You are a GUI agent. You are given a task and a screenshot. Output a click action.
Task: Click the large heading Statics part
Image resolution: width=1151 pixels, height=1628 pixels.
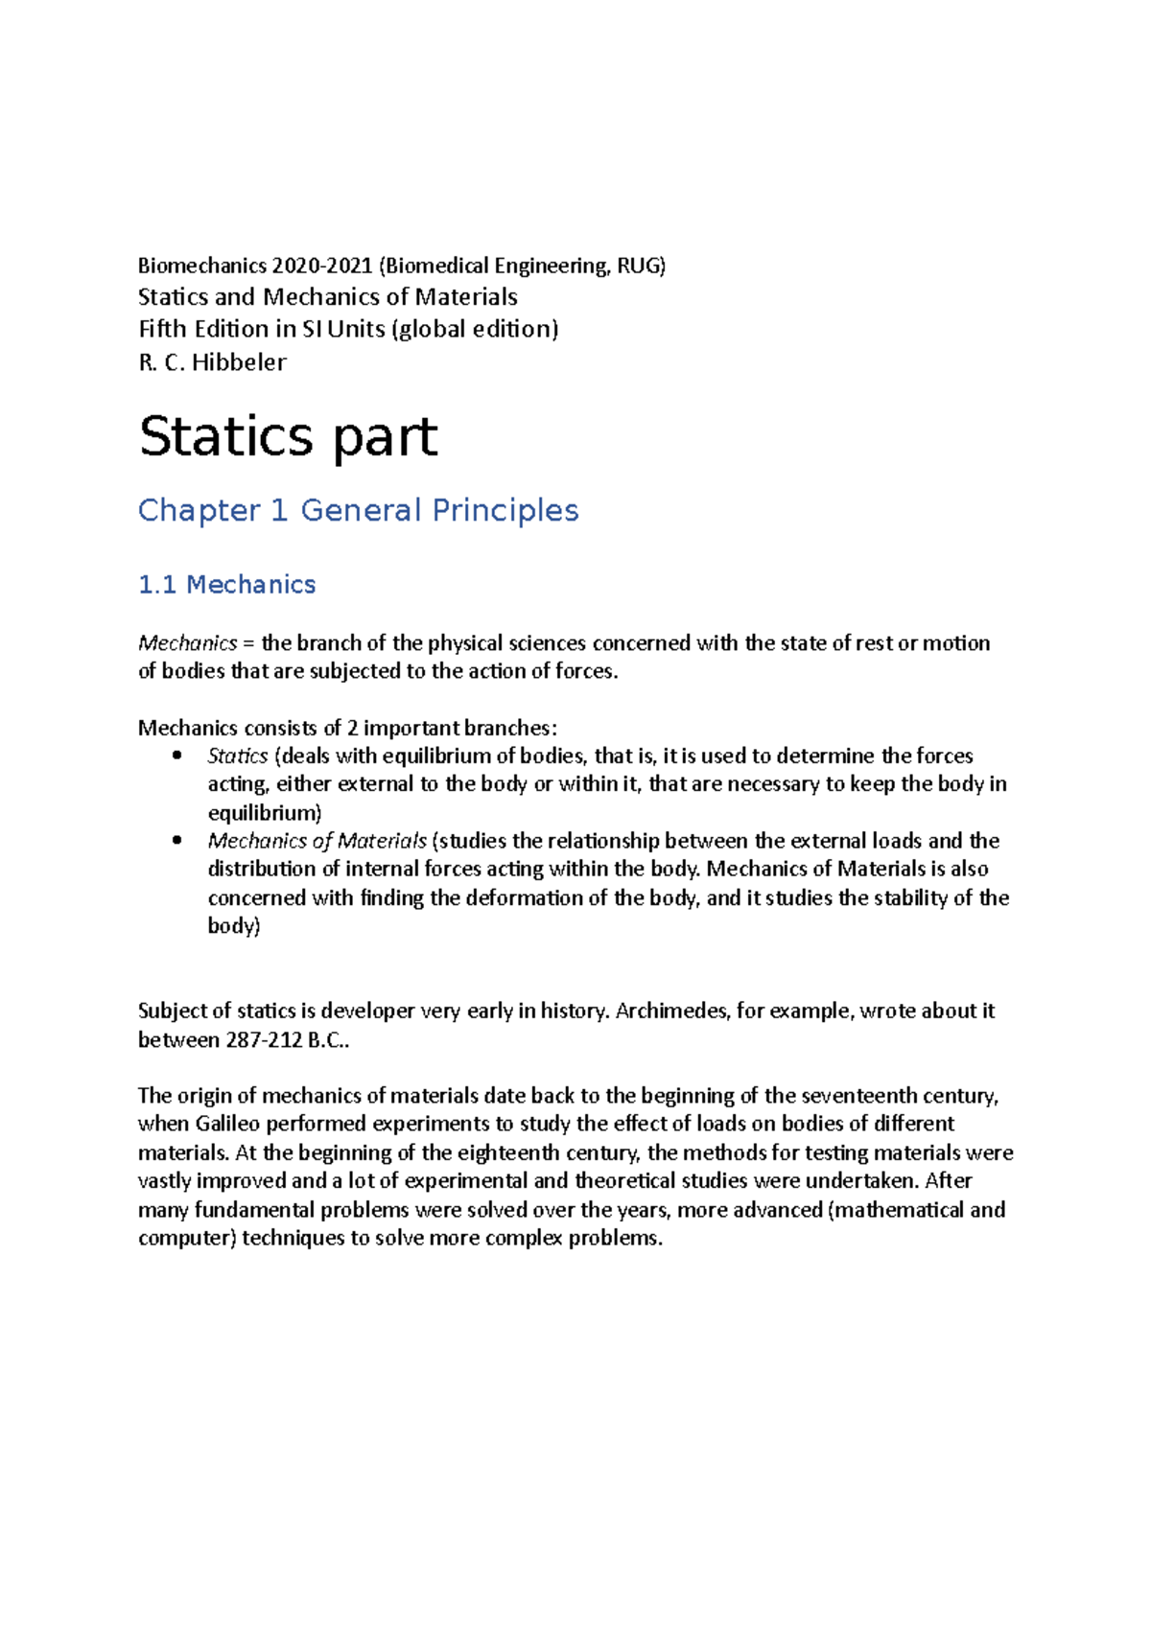[x=288, y=437]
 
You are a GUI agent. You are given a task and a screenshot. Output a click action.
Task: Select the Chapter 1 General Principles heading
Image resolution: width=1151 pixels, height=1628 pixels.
[x=358, y=510]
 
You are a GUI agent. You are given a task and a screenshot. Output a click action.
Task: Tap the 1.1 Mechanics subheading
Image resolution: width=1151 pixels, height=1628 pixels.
[x=226, y=585]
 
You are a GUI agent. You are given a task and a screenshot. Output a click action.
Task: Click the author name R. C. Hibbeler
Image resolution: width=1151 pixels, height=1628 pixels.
[x=212, y=362]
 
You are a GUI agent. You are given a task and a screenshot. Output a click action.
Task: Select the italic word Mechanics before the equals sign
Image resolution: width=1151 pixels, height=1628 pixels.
[x=187, y=643]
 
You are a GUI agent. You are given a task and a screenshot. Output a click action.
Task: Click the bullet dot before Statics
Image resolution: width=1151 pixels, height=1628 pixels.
[x=176, y=756]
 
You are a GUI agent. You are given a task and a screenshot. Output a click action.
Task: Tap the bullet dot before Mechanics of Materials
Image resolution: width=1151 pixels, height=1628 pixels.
[x=176, y=841]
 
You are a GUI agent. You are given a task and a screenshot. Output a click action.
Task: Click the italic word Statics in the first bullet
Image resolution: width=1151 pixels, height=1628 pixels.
[x=237, y=756]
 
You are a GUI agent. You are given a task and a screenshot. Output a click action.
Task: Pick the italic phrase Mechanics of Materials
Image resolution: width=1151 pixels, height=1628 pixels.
[x=317, y=842]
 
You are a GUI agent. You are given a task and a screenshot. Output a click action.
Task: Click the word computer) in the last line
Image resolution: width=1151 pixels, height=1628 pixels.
[x=186, y=1239]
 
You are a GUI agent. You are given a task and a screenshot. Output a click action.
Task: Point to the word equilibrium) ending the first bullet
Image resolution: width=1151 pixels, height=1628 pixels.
[x=264, y=813]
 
